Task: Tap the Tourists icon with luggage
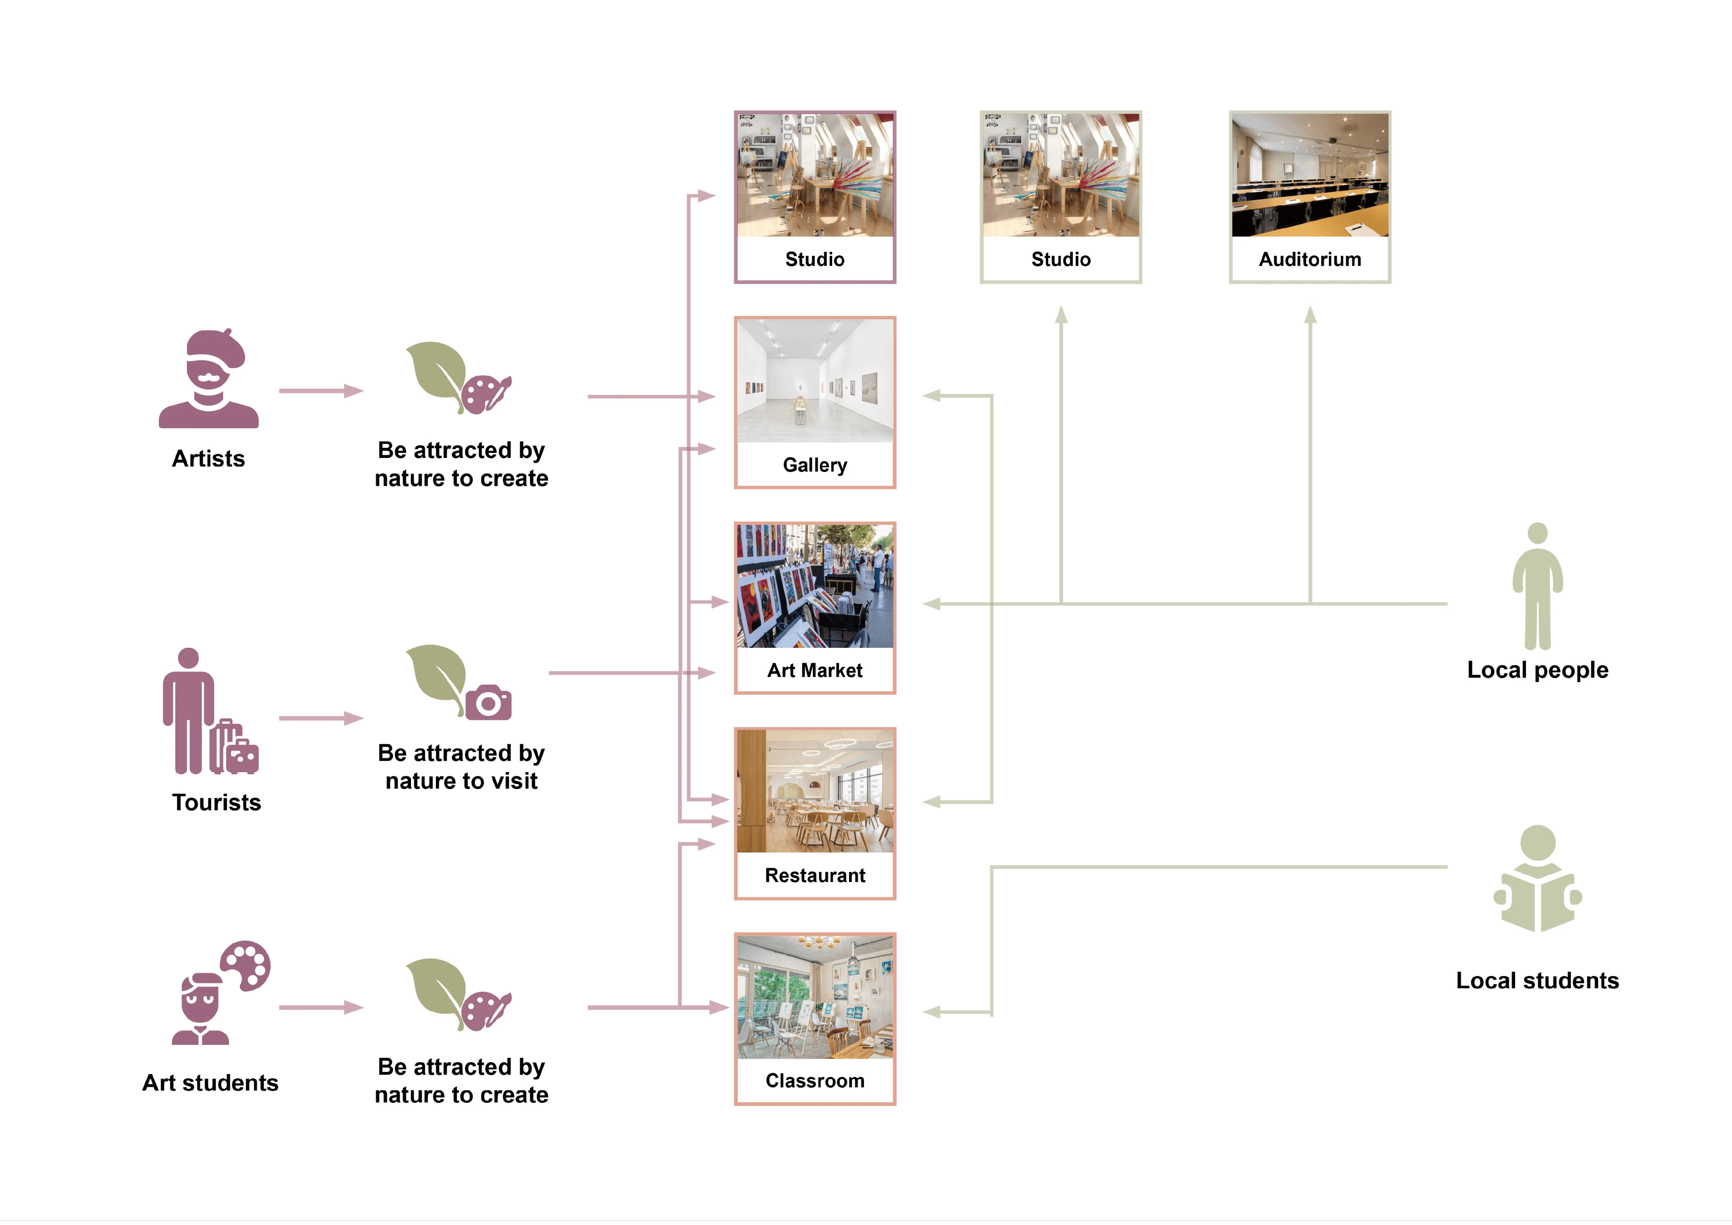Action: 210,711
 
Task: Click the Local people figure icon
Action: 1537,586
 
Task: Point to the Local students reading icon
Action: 1537,879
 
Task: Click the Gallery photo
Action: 815,381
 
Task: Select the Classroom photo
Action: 815,996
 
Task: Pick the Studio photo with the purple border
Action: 815,175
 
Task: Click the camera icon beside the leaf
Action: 488,702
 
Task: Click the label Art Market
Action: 815,671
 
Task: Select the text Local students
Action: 1537,981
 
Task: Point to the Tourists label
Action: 216,803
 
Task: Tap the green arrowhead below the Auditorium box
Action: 1310,314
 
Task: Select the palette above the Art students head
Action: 245,965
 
